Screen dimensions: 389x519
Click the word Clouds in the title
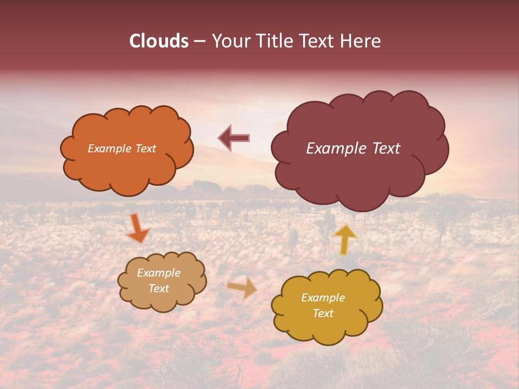coord(159,41)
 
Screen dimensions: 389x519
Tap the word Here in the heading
coord(361,41)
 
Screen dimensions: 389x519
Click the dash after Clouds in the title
coord(199,42)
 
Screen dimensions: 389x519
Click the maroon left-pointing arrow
coord(234,138)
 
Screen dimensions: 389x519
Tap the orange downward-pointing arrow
coord(137,228)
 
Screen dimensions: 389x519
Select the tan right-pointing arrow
coord(243,287)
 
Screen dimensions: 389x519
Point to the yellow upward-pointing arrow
coord(345,239)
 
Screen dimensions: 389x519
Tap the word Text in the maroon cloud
coord(387,149)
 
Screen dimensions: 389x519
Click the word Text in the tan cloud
coord(159,289)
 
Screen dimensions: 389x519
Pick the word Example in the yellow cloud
coord(323,298)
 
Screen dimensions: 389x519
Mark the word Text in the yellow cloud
coord(323,313)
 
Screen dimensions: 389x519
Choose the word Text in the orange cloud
coord(144,149)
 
